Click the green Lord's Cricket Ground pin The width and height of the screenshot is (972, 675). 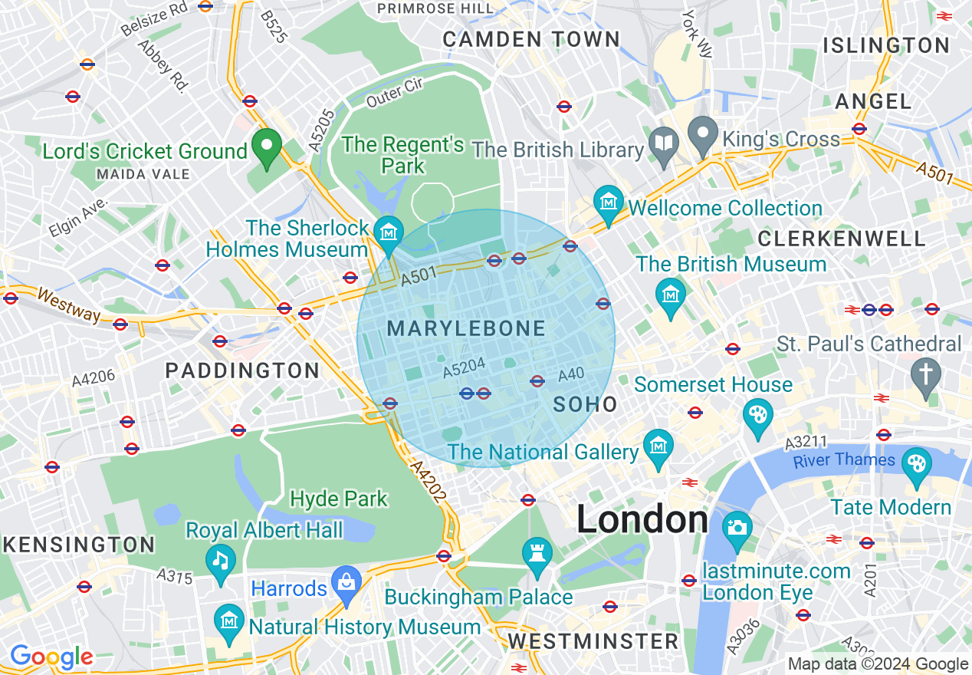[x=267, y=147]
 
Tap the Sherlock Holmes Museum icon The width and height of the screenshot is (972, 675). [x=389, y=229]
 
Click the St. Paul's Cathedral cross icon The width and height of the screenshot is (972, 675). [x=926, y=374]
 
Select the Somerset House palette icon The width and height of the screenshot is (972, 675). [x=757, y=414]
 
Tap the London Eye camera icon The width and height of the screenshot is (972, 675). [x=737, y=527]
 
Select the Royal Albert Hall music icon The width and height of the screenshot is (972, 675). [x=221, y=559]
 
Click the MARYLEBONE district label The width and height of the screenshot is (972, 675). [x=466, y=329]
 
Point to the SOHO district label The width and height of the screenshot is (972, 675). [x=585, y=404]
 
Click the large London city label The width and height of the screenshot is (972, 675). [x=642, y=520]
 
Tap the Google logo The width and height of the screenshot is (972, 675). [x=51, y=657]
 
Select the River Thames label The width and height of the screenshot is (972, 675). [x=844, y=460]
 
